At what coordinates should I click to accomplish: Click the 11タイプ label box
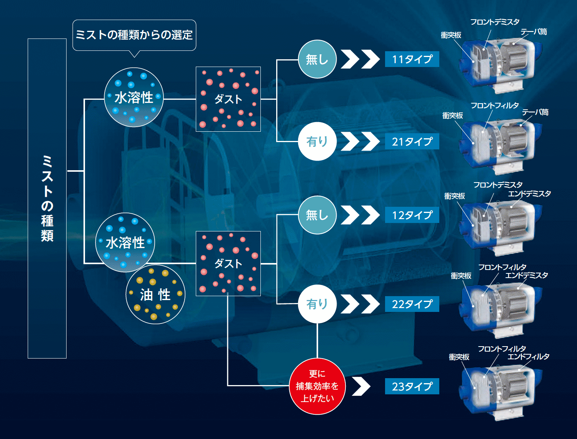point(412,59)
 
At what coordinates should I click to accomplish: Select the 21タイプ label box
point(412,141)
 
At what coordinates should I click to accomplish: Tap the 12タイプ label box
point(412,215)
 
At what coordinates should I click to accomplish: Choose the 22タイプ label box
point(412,304)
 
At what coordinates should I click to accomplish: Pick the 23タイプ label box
point(412,386)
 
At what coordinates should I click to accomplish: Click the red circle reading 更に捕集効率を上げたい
point(317,386)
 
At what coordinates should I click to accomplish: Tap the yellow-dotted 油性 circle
point(156,294)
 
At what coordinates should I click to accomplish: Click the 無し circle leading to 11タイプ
point(317,59)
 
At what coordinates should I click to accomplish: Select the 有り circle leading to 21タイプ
point(317,141)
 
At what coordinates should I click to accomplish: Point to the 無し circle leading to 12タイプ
point(317,215)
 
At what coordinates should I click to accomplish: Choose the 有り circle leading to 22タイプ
point(317,304)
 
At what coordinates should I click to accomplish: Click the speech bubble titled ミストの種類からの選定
point(134,35)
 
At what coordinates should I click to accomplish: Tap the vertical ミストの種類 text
point(47,199)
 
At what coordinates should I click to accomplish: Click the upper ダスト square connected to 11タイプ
point(228,99)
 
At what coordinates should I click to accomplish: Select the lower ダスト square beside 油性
point(228,263)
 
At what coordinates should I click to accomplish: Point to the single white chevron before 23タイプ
point(361,386)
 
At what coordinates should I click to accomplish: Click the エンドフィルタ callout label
point(528,357)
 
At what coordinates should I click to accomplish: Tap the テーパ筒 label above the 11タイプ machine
point(534,32)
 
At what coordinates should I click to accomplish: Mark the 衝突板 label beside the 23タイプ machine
point(459,357)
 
